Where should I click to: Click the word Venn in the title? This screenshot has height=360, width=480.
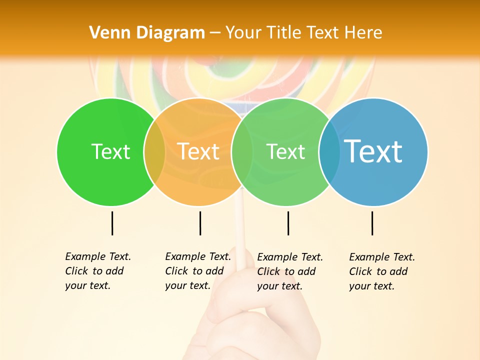coord(106,33)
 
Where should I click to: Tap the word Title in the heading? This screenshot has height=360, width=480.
coord(284,33)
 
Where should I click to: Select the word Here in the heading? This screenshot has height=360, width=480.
coord(363,33)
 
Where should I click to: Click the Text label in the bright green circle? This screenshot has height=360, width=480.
coord(110,151)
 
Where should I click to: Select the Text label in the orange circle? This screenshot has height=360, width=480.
coord(198,151)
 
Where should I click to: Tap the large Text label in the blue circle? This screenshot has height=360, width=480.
coord(373,151)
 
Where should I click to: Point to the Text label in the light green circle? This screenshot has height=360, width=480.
coord(285,151)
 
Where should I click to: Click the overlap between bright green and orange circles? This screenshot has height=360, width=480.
coord(154,152)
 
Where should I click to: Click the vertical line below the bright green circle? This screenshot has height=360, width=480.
coord(112,223)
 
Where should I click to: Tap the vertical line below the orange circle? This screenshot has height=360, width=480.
coord(200,223)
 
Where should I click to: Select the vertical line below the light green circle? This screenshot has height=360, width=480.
coord(288,223)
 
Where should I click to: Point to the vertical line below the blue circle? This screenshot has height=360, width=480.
coord(372,223)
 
